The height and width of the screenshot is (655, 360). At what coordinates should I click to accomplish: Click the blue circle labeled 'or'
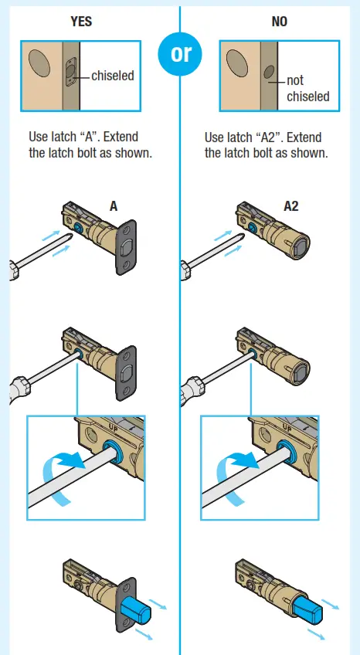pyautogui.click(x=179, y=55)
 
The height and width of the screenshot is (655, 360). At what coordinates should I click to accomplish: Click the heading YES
pyautogui.click(x=81, y=22)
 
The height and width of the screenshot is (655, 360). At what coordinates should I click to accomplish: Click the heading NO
pyautogui.click(x=279, y=22)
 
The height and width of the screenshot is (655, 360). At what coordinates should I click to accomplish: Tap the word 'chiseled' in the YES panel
pyautogui.click(x=113, y=76)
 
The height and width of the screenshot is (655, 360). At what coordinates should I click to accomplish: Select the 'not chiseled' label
pyautogui.click(x=307, y=88)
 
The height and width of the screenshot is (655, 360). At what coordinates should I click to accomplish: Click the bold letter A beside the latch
pyautogui.click(x=114, y=206)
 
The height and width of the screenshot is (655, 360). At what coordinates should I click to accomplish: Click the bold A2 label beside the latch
pyautogui.click(x=291, y=206)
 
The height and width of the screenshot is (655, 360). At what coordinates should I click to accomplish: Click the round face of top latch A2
pyautogui.click(x=300, y=246)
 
